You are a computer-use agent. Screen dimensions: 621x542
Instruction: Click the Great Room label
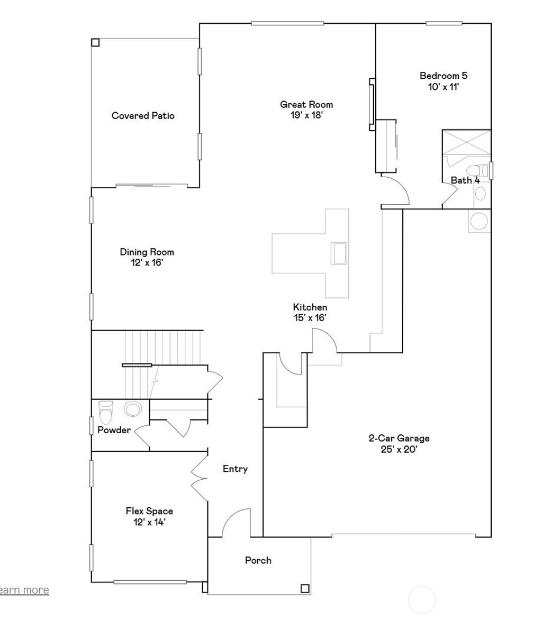(306, 105)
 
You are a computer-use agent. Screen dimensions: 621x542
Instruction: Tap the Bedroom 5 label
(443, 76)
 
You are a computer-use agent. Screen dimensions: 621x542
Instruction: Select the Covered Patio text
(143, 116)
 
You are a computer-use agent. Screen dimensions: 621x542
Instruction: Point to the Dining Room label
(147, 252)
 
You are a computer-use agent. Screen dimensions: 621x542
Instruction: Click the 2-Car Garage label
(399, 439)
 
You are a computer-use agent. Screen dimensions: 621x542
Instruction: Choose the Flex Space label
(149, 512)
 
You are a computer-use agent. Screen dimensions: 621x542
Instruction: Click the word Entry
(235, 469)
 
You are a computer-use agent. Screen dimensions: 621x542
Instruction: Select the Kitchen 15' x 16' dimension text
(310, 318)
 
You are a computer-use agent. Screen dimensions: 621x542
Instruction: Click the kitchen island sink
(338, 252)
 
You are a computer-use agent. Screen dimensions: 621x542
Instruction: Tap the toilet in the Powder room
(106, 412)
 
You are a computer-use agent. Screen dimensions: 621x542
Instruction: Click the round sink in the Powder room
(132, 409)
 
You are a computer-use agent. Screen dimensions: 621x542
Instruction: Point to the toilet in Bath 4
(479, 171)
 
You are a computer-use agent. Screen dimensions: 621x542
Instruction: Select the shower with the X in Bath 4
(466, 142)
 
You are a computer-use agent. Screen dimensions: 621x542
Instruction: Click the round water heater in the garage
(480, 221)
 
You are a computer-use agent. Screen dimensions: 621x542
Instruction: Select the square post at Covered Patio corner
(95, 42)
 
